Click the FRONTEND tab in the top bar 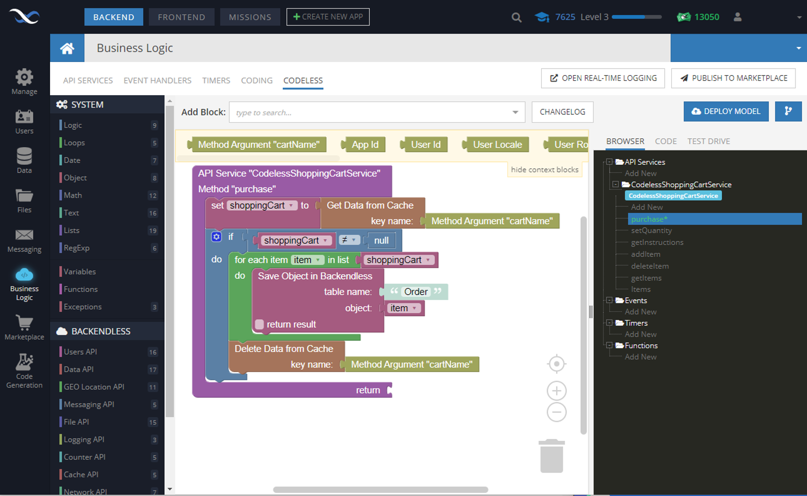pyautogui.click(x=181, y=17)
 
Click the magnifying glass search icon pyautogui.click(x=516, y=18)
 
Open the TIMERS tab pyautogui.click(x=216, y=81)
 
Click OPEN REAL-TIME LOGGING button pyautogui.click(x=603, y=78)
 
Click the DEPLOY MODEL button pyautogui.click(x=726, y=112)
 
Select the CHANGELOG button pyautogui.click(x=562, y=112)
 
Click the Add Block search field pyautogui.click(x=370, y=113)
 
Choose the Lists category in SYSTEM pyautogui.click(x=72, y=230)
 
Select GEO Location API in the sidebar pyautogui.click(x=94, y=387)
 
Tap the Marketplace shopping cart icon pyautogui.click(x=24, y=323)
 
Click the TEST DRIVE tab pyautogui.click(x=708, y=141)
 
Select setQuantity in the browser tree pyautogui.click(x=651, y=231)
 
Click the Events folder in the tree pyautogui.click(x=635, y=300)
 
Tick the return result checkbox pyautogui.click(x=259, y=324)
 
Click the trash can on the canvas pyautogui.click(x=551, y=456)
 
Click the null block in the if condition pyautogui.click(x=381, y=241)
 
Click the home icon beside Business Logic pyautogui.click(x=67, y=48)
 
